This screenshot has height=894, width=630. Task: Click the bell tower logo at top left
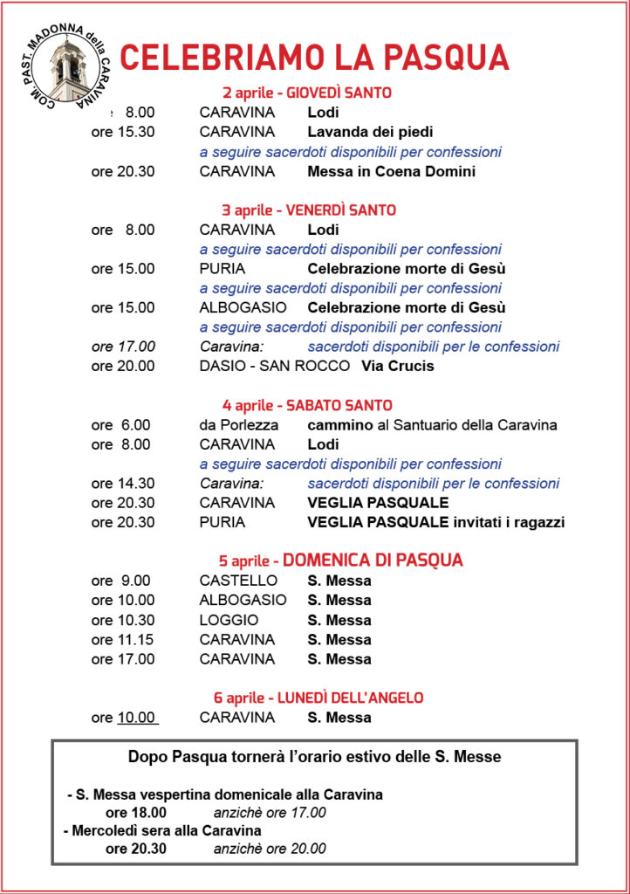click(x=68, y=67)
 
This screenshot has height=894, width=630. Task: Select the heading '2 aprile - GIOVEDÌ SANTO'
click(x=307, y=93)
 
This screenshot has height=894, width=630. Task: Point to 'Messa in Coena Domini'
click(x=391, y=171)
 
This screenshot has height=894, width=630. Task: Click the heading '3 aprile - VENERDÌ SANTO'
click(x=309, y=210)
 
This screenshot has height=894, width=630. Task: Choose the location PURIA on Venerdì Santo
click(x=222, y=269)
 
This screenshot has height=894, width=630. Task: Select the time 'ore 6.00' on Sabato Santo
click(x=120, y=425)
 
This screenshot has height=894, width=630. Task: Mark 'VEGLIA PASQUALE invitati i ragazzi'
click(x=435, y=522)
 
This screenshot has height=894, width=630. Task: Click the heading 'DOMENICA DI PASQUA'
click(x=373, y=560)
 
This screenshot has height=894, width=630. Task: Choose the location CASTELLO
click(x=238, y=581)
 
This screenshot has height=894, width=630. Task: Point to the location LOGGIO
click(x=229, y=620)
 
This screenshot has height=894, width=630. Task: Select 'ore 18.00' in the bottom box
click(x=136, y=812)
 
